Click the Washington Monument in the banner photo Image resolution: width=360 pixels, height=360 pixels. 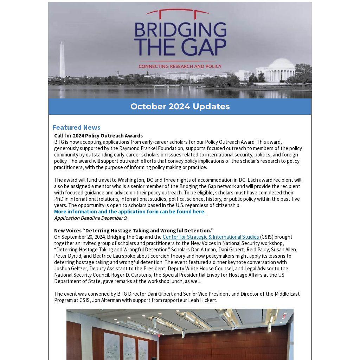pos(62,60)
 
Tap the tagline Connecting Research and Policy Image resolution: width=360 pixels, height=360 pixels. pos(180,66)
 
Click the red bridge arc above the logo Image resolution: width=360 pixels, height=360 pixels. pos(178,12)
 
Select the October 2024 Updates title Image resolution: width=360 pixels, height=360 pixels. pos(180,107)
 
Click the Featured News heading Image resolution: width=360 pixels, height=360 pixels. pos(77,127)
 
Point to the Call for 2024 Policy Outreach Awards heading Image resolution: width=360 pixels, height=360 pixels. pos(98,136)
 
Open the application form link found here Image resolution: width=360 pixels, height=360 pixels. pos(130,212)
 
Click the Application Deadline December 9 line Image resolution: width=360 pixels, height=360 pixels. pos(91,218)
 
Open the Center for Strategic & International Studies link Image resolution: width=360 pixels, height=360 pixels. pos(211,237)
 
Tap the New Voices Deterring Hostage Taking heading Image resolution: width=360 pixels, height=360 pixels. pos(134,231)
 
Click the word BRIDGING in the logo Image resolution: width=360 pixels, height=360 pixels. pos(180,31)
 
